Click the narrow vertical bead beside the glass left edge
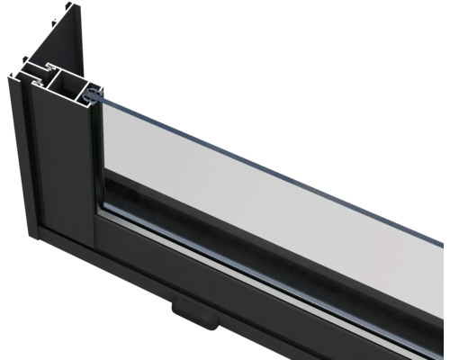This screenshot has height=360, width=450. click(99, 153)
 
